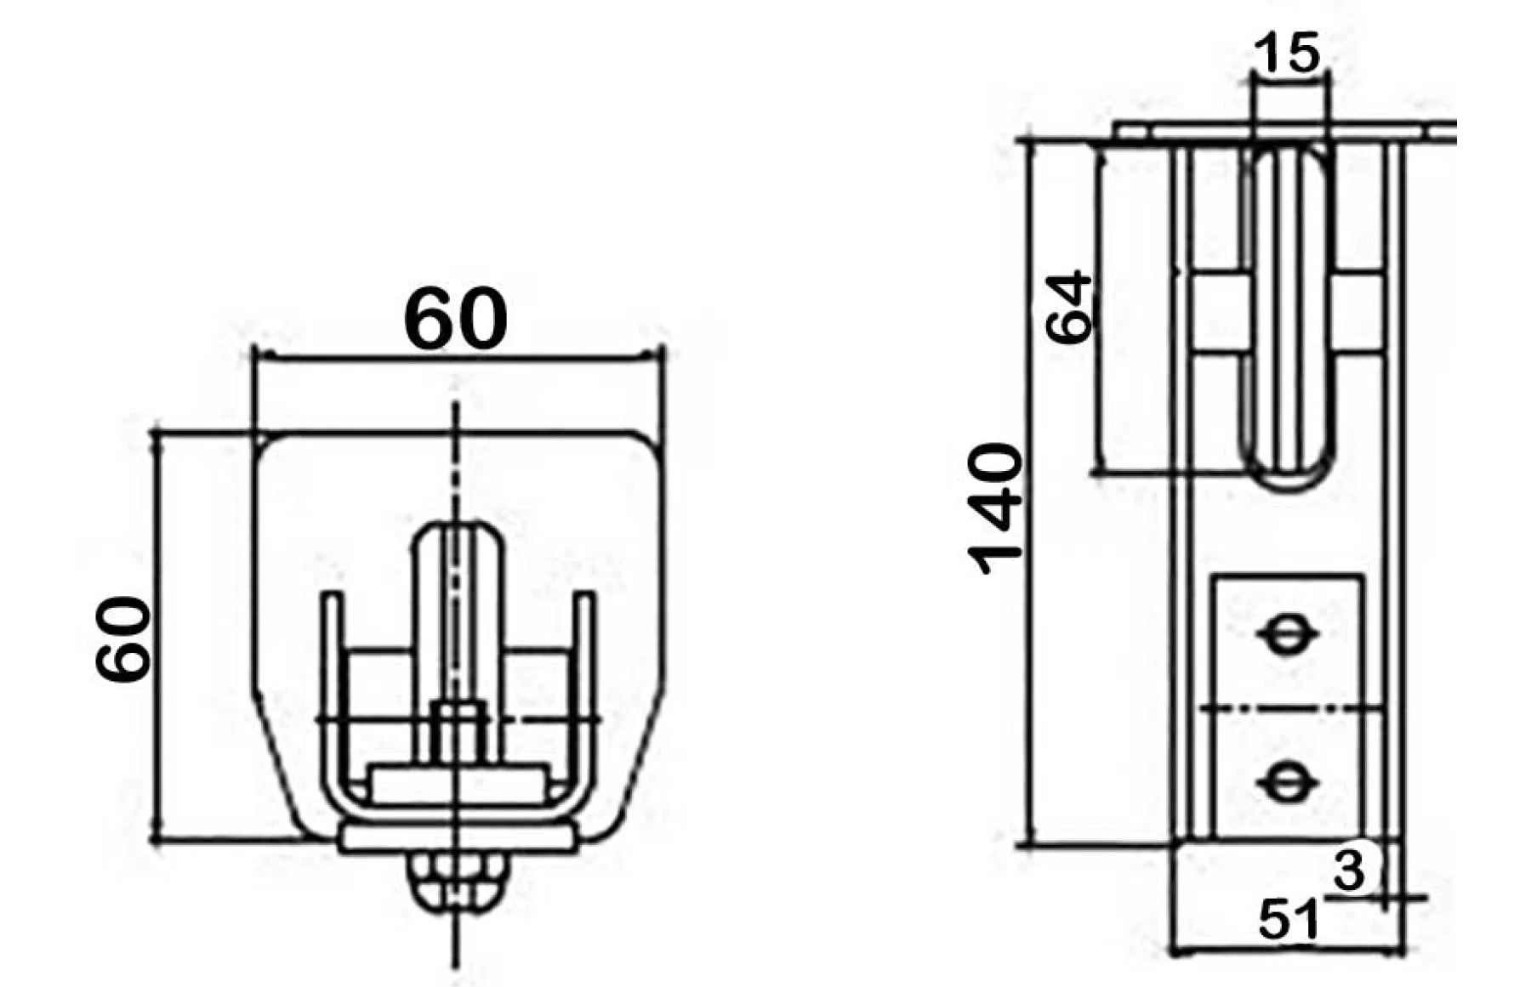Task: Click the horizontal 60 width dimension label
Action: pyautogui.click(x=456, y=320)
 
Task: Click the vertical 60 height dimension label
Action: pyautogui.click(x=123, y=639)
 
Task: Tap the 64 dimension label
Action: pyautogui.click(x=1068, y=307)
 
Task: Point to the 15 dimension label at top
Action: pyautogui.click(x=1288, y=54)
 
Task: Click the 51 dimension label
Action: pyautogui.click(x=1288, y=920)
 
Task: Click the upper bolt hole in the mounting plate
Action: pyautogui.click(x=1286, y=634)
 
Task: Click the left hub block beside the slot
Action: pyautogui.click(x=1218, y=315)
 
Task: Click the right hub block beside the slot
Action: pyautogui.click(x=1359, y=315)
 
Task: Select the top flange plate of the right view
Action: pyautogui.click(x=1276, y=132)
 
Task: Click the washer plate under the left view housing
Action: pyautogui.click(x=458, y=839)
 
